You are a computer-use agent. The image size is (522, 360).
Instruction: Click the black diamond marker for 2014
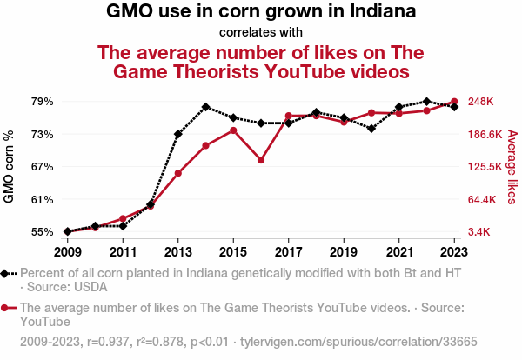coord(205,107)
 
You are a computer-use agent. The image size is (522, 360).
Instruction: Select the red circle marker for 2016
coord(261,160)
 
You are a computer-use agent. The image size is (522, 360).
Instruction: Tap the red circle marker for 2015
coord(233,130)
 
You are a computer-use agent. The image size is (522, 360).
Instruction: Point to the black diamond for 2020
coord(371,129)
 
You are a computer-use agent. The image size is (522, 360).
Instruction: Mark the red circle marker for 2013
coord(177,173)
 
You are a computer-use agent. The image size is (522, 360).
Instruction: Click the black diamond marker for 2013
coord(177,134)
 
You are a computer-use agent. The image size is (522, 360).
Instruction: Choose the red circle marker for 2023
coord(454,102)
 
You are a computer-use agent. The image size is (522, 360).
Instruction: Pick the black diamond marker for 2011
coord(123,226)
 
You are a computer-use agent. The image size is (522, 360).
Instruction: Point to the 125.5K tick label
coord(485,167)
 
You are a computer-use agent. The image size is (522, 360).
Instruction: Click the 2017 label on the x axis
coord(288,251)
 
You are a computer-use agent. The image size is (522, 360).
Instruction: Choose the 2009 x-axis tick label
coord(67,251)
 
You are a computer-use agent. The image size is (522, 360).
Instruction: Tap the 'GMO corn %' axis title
coord(10,167)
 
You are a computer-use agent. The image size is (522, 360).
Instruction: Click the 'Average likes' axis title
coord(512,167)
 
